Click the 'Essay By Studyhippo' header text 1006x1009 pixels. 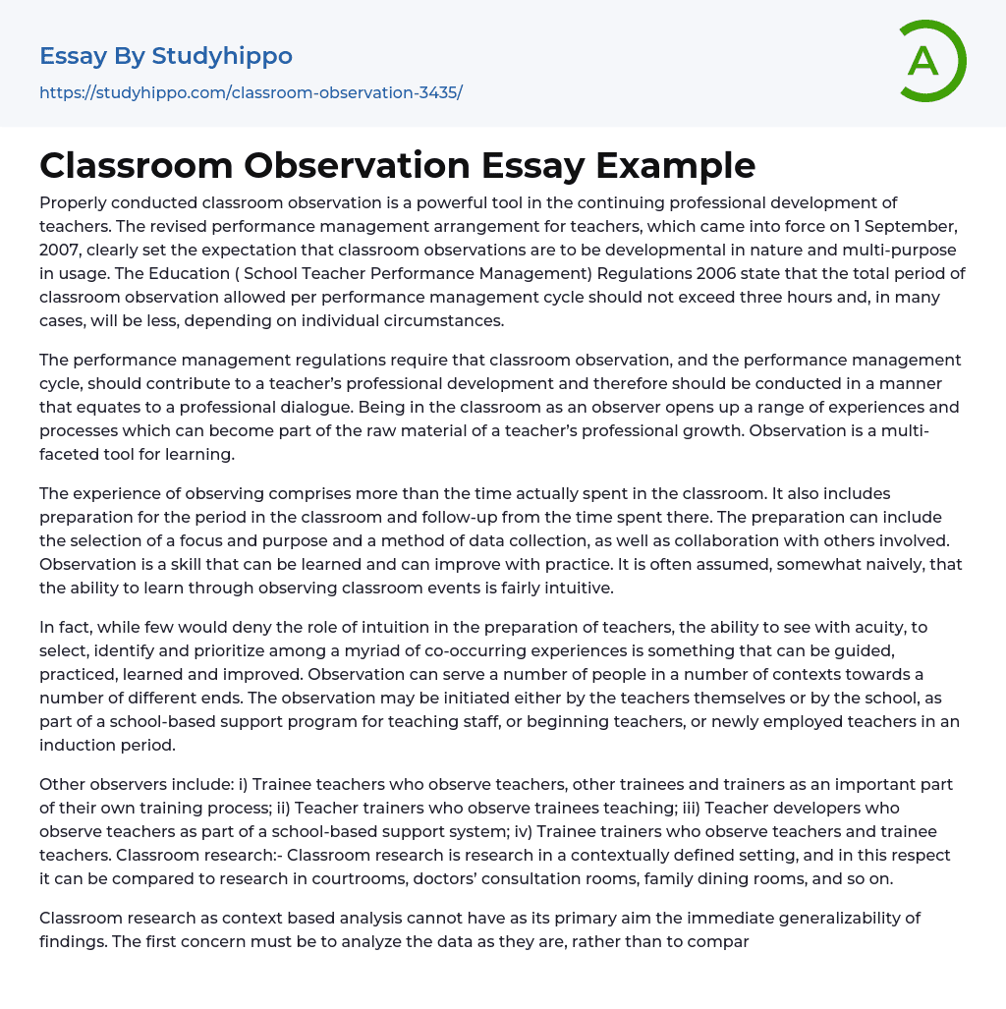tap(166, 56)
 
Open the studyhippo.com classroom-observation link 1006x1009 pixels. tap(251, 92)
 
